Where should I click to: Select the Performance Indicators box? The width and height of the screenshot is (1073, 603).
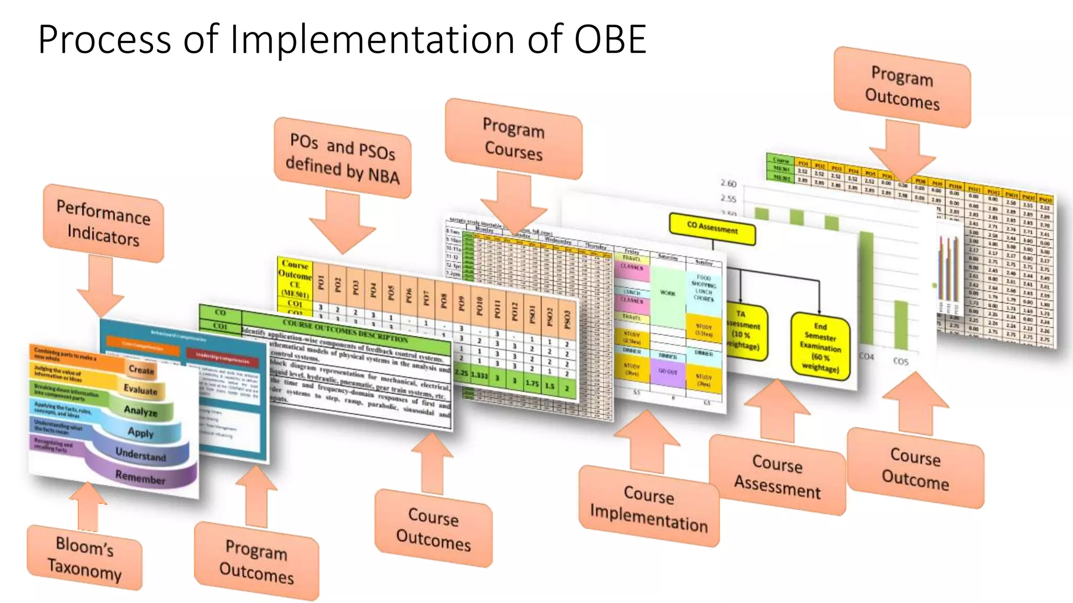(x=103, y=224)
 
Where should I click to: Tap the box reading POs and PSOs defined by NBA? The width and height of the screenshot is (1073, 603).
(x=343, y=158)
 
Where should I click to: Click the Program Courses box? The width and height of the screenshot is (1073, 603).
(x=513, y=139)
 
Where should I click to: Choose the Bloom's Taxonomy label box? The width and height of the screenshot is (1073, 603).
(x=84, y=557)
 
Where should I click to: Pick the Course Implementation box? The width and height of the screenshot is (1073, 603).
(x=649, y=507)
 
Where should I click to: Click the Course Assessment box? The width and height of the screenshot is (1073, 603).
(x=778, y=475)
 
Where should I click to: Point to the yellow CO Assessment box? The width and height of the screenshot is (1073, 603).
(x=712, y=229)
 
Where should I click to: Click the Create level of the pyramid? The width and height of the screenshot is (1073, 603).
(x=141, y=370)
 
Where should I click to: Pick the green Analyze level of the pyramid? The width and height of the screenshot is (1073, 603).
(x=140, y=411)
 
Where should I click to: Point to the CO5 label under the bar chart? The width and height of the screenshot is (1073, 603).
(x=900, y=361)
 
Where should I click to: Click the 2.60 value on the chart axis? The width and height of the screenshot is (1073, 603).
(x=728, y=184)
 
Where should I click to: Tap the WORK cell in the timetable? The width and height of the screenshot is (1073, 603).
(x=667, y=293)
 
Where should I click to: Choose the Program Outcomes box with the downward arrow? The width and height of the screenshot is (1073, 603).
(x=902, y=87)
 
